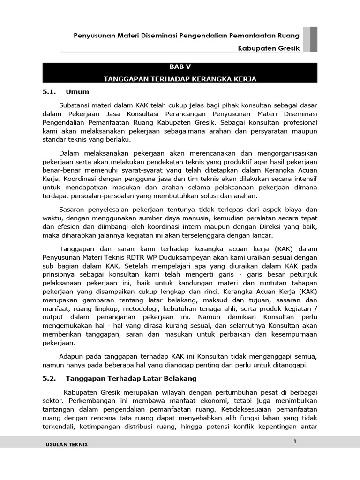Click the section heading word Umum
click(x=77, y=91)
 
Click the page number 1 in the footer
click(x=295, y=441)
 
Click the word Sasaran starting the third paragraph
click(x=74, y=209)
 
